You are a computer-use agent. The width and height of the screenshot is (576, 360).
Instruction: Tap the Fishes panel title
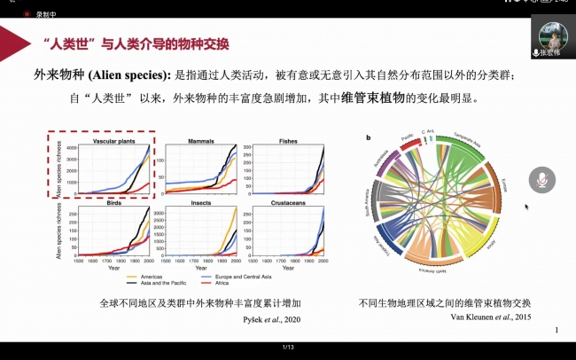pos(288,141)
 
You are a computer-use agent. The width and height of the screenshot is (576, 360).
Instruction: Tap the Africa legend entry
pos(217,284)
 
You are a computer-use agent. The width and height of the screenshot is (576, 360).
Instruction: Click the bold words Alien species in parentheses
pos(132,75)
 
